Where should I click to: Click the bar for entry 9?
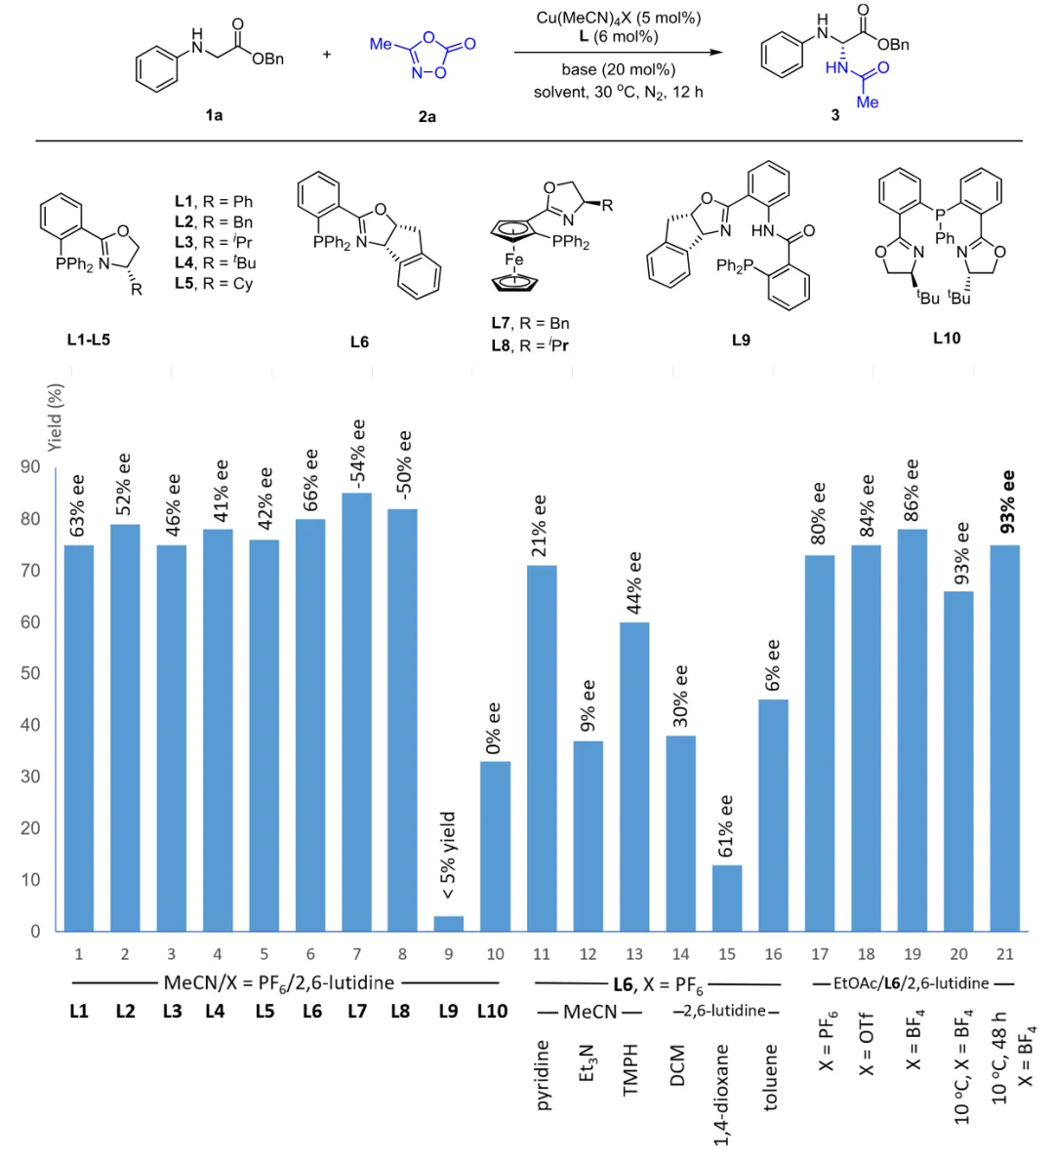click(x=449, y=923)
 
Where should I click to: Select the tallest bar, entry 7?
click(x=356, y=712)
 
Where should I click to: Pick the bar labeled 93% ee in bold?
click(x=1005, y=738)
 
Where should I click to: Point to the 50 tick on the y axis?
click(x=34, y=673)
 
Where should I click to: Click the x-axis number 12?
click(x=588, y=954)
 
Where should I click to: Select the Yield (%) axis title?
click(x=56, y=417)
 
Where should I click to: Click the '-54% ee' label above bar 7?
click(x=358, y=456)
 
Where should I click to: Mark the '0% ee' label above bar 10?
click(x=494, y=728)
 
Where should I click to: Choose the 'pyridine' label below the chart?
click(x=543, y=1075)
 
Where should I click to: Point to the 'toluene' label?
click(x=771, y=1077)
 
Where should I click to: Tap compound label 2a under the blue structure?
click(x=427, y=116)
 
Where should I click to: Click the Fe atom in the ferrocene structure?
click(x=514, y=260)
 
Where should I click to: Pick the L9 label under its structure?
click(x=741, y=340)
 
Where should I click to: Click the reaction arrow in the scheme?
click(x=620, y=53)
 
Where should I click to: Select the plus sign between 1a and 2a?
click(x=327, y=55)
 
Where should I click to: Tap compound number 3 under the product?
click(x=835, y=115)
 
